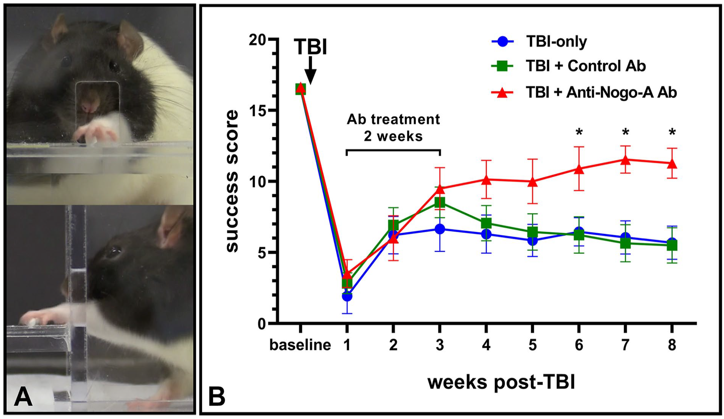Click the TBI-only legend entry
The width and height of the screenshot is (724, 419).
click(539, 41)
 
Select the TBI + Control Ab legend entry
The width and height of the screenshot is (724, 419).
click(568, 66)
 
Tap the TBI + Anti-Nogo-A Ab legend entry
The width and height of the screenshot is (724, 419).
click(584, 92)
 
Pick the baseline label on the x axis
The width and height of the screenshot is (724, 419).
click(300, 345)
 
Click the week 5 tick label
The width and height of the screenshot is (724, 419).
click(532, 345)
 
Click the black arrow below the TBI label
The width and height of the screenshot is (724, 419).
click(311, 70)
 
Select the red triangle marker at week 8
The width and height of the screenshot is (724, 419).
click(672, 164)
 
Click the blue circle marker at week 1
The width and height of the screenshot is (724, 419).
click(347, 296)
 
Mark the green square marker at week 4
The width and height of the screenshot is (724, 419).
click(486, 223)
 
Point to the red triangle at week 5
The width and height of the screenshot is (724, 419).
click(532, 182)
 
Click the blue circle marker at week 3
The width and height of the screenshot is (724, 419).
click(440, 229)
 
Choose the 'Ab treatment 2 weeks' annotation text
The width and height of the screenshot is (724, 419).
click(393, 128)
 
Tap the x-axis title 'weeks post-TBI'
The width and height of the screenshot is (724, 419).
click(501, 382)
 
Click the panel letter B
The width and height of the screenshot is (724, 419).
click(217, 397)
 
